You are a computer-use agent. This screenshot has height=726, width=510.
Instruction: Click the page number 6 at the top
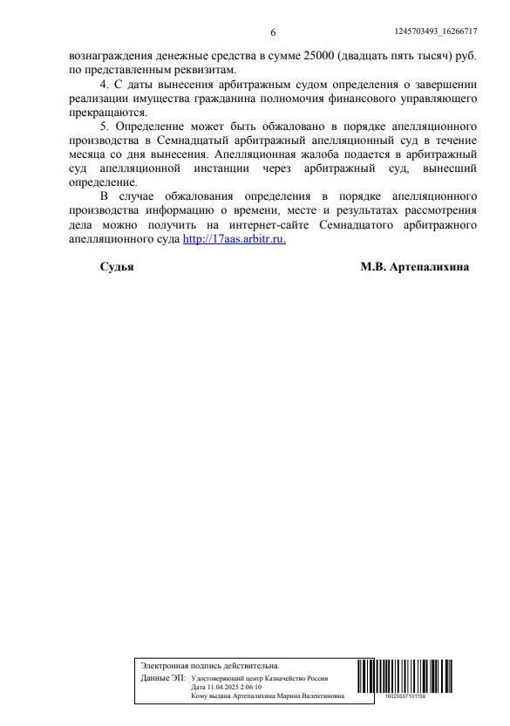click(273, 33)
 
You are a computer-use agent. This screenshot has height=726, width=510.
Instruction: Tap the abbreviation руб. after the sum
click(466, 55)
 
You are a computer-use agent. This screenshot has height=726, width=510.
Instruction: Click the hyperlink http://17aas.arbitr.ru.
click(234, 239)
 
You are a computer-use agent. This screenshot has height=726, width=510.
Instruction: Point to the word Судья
click(116, 267)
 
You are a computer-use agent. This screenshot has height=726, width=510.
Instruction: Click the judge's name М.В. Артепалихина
click(414, 267)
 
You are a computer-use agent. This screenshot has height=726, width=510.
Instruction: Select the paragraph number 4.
click(105, 84)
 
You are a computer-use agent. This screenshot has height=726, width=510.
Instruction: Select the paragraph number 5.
click(105, 127)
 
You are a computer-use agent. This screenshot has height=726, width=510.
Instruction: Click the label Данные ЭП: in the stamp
click(162, 678)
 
